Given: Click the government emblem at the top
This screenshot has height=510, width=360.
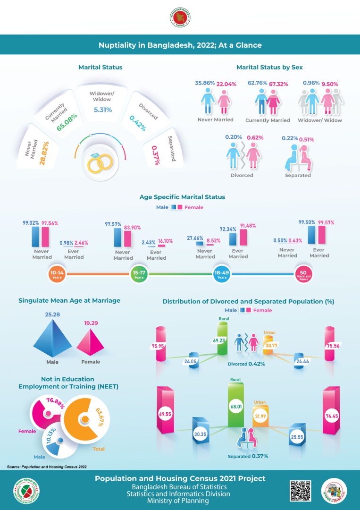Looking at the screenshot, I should click(x=180, y=18).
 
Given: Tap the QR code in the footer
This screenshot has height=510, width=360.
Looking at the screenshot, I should click(x=300, y=490).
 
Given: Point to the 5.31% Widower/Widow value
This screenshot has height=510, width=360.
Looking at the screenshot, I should click(x=100, y=110).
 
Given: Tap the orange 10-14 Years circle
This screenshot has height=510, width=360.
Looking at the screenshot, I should click(x=57, y=274).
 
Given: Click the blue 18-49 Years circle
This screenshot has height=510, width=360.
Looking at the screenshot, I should click(x=221, y=274).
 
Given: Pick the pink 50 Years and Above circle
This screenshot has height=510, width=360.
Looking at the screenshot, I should click(x=303, y=274).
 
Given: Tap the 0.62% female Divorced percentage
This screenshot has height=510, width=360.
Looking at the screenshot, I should click(x=255, y=137).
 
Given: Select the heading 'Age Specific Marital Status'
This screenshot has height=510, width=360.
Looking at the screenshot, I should click(x=182, y=197).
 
